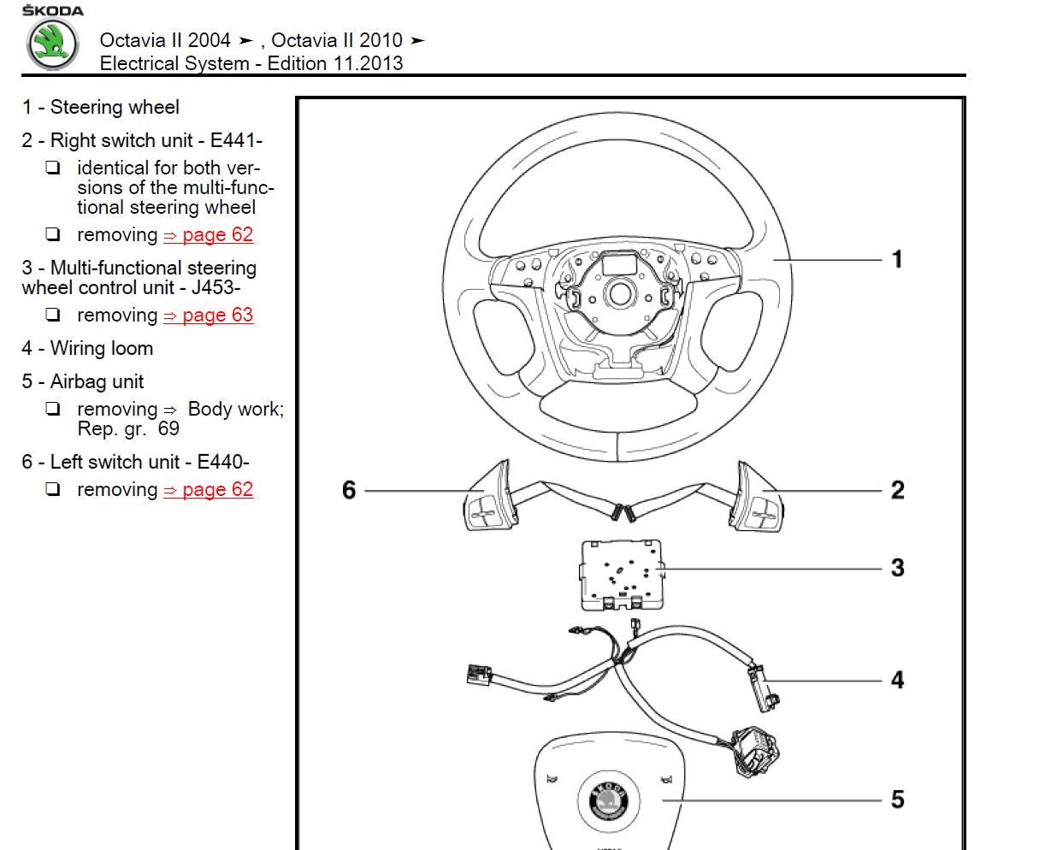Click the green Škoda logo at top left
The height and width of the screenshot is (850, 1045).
coord(52,44)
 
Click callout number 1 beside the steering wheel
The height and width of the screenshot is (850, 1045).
coord(897,259)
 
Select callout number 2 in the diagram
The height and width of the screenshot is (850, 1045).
coord(897,490)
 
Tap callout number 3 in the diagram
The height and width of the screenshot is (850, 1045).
coord(897,568)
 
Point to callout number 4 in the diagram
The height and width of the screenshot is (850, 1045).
coord(897,680)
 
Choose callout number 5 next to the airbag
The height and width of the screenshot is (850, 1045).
coord(897,800)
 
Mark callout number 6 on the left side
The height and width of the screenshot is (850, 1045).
coord(349,490)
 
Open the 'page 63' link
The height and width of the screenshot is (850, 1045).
coord(208,315)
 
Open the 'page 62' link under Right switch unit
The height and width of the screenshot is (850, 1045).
coord(208,234)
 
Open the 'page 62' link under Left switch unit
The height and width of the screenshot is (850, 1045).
coord(208,489)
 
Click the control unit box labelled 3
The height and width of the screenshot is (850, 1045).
coord(621,574)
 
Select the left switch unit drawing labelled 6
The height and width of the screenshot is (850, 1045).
coord(487,499)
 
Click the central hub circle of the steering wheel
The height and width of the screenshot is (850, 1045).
coord(618,294)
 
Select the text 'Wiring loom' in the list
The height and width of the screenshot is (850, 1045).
coord(102,348)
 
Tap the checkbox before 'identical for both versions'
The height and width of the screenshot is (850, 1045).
coord(53,168)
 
